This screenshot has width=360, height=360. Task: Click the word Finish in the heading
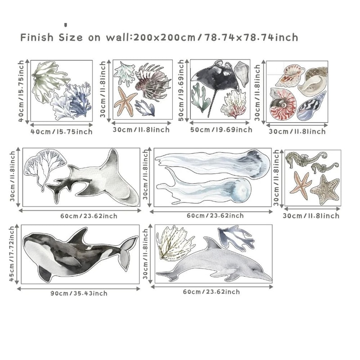pyautogui.click(x=36, y=37)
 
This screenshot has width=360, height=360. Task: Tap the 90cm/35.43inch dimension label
pyautogui.click(x=79, y=293)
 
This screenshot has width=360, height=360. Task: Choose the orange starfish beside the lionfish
pyautogui.click(x=126, y=100)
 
